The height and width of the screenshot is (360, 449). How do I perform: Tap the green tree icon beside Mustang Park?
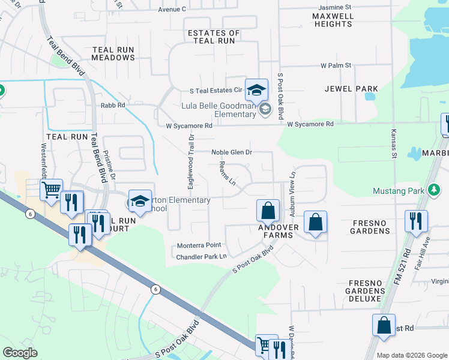pyautogui.click(x=432, y=190)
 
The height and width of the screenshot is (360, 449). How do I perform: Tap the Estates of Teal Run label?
pyautogui.click(x=213, y=37)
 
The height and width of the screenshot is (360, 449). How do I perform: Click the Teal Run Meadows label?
pyautogui.click(x=113, y=53)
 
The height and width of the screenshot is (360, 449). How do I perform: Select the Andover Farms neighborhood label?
pyautogui.click(x=275, y=231)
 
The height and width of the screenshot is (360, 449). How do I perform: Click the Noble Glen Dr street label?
pyautogui.click(x=231, y=152)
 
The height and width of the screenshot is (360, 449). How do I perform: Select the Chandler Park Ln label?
pyautogui.click(x=201, y=257)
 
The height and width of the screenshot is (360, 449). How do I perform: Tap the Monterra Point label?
pyautogui.click(x=199, y=245)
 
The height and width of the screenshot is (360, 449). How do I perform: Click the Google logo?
pyautogui.click(x=20, y=353)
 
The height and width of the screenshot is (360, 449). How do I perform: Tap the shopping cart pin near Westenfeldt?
pyautogui.click(x=52, y=190)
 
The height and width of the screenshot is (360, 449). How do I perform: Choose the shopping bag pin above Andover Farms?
pyautogui.click(x=268, y=211)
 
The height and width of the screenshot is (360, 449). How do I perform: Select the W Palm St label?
pyautogui.click(x=335, y=65)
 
